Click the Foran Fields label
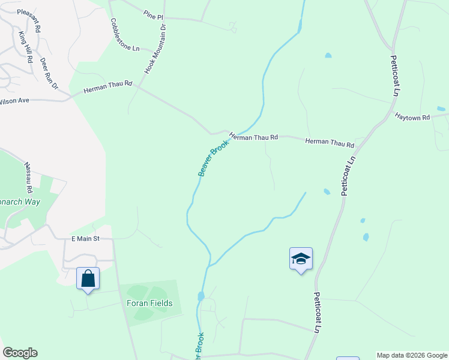(x=149, y=303)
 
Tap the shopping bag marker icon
(x=88, y=278)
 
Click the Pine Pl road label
(x=154, y=16)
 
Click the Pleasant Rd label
(x=29, y=20)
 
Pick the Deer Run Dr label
(x=49, y=74)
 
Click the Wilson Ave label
(x=14, y=101)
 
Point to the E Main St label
(x=84, y=239)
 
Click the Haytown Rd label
(x=412, y=118)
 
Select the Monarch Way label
(x=20, y=202)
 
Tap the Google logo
(x=20, y=353)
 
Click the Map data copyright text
(x=412, y=355)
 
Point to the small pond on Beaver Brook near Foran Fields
(x=200, y=296)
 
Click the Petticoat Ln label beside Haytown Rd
(x=395, y=76)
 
